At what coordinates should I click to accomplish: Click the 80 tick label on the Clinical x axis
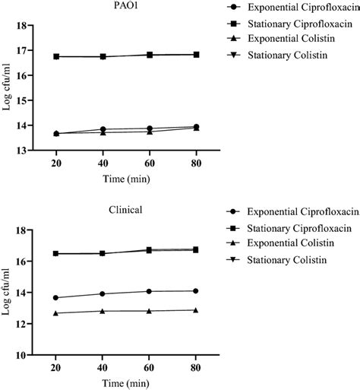tap(196, 368)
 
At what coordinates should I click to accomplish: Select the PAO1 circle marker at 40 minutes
tap(103, 129)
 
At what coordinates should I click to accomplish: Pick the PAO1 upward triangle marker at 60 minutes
tap(150, 132)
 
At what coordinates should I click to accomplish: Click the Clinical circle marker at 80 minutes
tap(196, 290)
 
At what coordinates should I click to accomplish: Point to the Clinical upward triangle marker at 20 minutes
tap(56, 313)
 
